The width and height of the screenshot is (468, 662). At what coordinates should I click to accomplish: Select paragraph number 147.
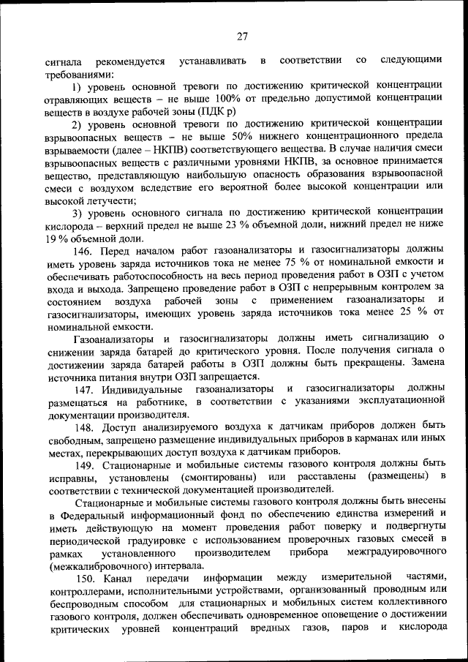[x=83, y=388]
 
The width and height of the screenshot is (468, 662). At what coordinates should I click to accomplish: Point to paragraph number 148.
[x=83, y=426]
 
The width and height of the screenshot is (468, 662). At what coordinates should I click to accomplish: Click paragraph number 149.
[x=83, y=464]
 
